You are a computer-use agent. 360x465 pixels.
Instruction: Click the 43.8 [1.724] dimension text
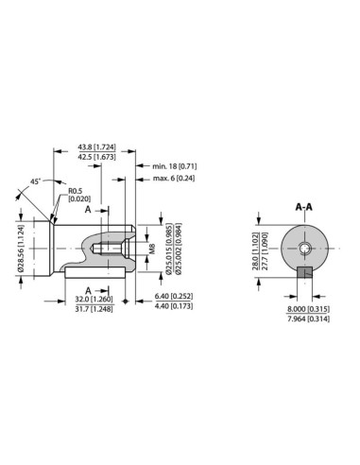(98, 147)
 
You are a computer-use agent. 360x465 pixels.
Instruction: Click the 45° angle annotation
(34, 181)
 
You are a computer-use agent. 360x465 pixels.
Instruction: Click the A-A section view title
(304, 206)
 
